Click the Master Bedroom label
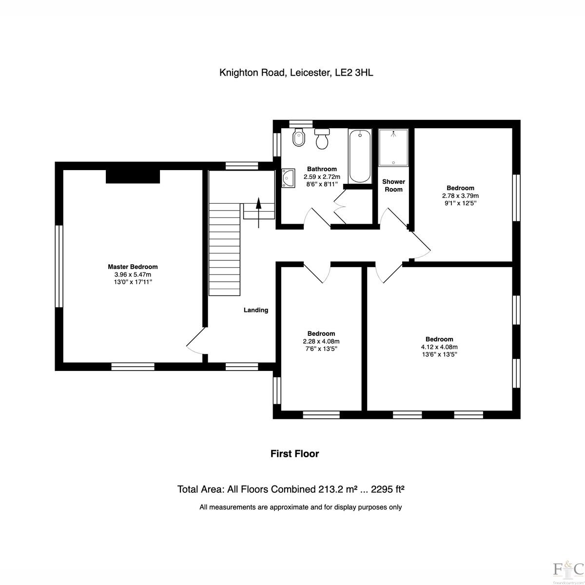133,267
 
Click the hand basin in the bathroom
288,178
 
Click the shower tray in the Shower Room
393,148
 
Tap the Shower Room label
393,185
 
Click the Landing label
256,310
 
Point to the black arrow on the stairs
258,213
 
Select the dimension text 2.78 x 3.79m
460,196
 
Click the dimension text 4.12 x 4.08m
439,347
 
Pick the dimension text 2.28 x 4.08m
321,341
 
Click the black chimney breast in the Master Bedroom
133,176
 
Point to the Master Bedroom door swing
196,341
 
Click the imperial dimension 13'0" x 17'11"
133,282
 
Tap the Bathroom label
322,169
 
